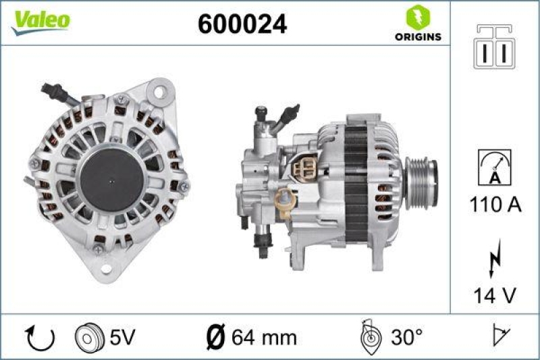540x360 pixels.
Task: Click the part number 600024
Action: click(x=242, y=24)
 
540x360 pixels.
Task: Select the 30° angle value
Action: click(x=408, y=337)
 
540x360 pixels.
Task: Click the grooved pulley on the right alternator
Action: click(x=421, y=179)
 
